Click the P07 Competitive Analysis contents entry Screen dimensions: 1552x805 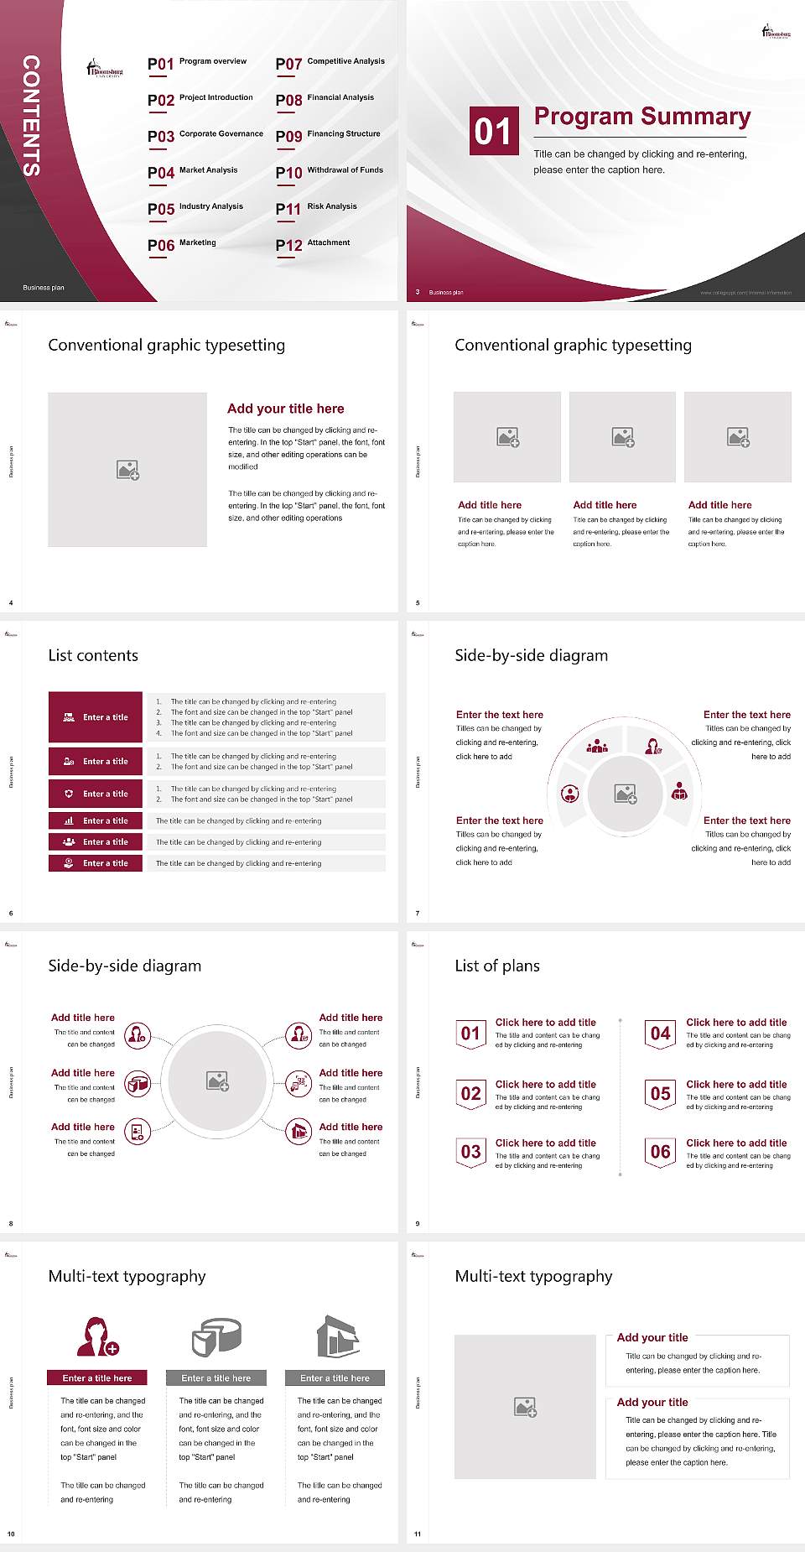coord(330,63)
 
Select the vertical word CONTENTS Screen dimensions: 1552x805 coord(31,116)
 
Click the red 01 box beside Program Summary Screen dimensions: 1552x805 coord(494,131)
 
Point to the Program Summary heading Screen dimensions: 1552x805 coord(641,117)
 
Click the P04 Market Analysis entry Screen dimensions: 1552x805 coord(193,172)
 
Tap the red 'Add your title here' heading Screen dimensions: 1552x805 coord(285,409)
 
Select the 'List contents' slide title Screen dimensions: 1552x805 coord(93,655)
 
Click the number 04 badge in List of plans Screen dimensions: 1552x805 coord(661,1034)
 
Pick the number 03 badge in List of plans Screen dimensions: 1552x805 coord(471,1152)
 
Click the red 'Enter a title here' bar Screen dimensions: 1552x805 coord(97,1378)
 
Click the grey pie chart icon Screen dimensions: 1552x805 coord(216,1336)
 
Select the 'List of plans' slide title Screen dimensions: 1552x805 coord(497,966)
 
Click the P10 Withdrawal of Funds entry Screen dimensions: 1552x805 coord(330,172)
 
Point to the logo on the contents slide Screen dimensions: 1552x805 coord(105,69)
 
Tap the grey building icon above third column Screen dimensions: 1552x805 coord(338,1336)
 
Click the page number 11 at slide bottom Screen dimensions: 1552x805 coord(418,1534)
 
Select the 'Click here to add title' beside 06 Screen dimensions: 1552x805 coord(736,1143)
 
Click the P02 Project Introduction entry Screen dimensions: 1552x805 coord(200,100)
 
